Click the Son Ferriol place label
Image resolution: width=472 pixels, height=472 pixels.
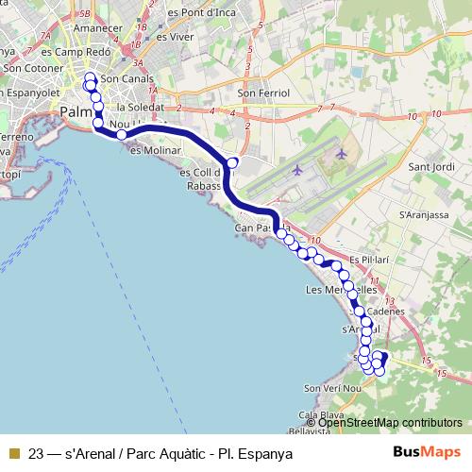[x=260, y=93]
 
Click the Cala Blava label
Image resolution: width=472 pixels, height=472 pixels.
[x=318, y=415]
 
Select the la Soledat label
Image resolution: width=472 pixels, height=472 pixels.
[x=135, y=107]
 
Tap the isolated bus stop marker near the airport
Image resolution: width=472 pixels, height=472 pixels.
[x=232, y=162]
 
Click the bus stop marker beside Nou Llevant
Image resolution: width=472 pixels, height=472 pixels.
[x=121, y=136]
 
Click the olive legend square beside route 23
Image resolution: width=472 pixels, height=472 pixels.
[x=14, y=452]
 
